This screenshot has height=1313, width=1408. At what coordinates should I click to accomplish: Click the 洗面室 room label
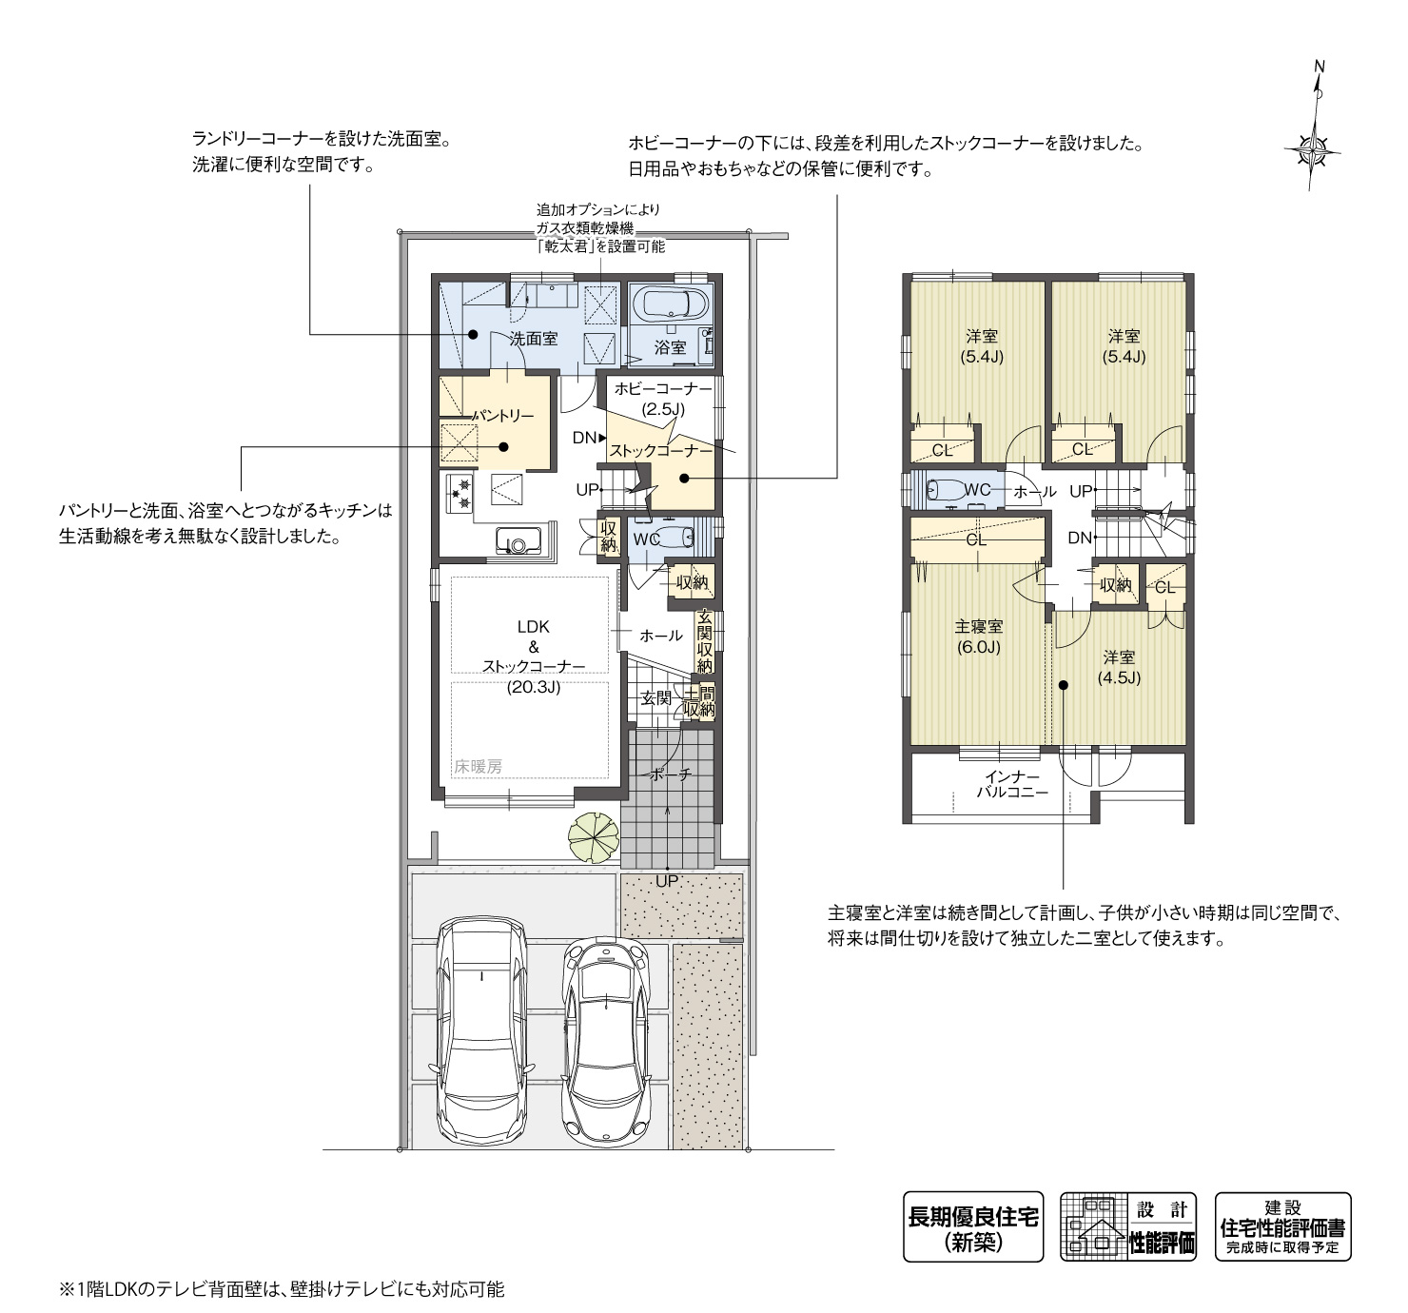click(x=533, y=339)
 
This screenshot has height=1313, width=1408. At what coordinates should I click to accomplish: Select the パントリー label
click(x=503, y=416)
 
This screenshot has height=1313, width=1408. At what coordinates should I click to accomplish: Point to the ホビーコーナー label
click(x=662, y=389)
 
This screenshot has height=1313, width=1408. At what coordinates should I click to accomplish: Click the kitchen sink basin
click(x=518, y=543)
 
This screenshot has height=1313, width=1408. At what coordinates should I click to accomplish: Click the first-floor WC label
click(x=646, y=539)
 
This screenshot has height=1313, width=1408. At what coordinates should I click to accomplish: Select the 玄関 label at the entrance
click(x=655, y=698)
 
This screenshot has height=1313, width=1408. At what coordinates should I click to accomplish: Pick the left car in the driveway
click(x=481, y=1030)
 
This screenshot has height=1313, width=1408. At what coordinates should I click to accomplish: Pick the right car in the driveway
click(x=606, y=1041)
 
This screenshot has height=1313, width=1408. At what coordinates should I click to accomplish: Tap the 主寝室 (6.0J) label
click(x=979, y=637)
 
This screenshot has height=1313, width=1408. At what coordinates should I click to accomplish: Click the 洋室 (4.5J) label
click(x=1119, y=667)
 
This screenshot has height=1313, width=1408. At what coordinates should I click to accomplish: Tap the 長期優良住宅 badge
click(x=972, y=1226)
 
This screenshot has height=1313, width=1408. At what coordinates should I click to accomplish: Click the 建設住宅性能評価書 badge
click(x=1282, y=1226)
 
